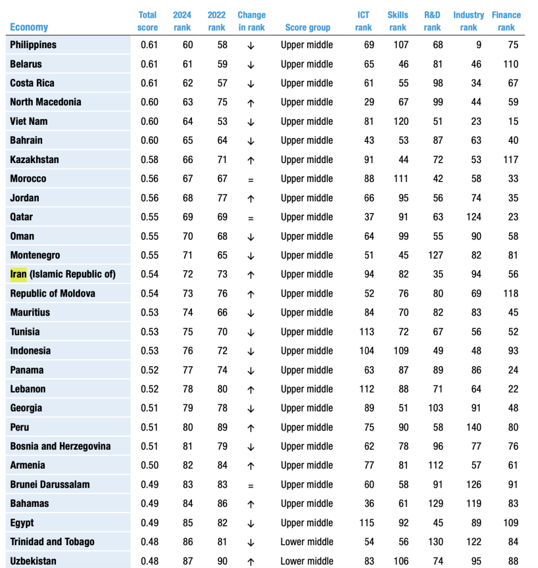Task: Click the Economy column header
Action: click(x=29, y=27)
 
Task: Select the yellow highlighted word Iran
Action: click(x=18, y=274)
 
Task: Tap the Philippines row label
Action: click(x=33, y=45)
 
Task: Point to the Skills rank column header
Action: click(x=398, y=21)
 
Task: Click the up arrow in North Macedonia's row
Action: click(x=251, y=103)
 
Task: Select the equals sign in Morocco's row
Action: click(x=251, y=179)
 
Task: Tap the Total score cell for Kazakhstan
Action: click(x=149, y=160)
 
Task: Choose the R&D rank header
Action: click(x=432, y=21)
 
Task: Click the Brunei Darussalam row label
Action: click(x=50, y=484)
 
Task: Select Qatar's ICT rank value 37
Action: click(x=369, y=217)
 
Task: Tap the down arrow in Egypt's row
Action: click(x=251, y=523)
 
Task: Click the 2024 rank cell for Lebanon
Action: click(x=187, y=389)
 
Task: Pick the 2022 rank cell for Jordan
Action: click(x=222, y=198)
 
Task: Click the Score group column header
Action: click(x=307, y=27)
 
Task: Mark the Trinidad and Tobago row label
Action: click(x=52, y=542)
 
